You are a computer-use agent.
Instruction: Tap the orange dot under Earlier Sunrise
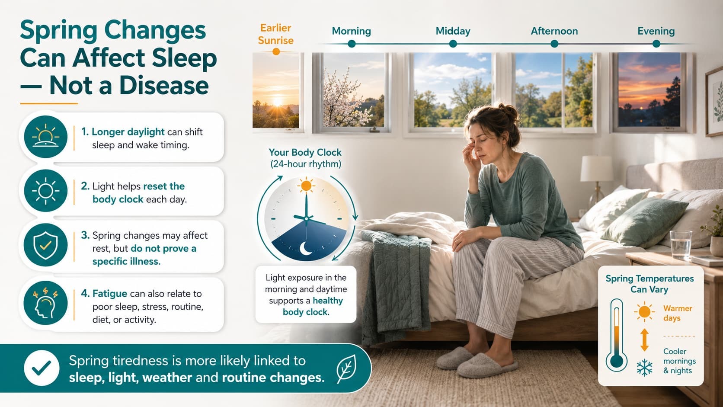[x=276, y=51]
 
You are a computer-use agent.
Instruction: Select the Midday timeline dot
[x=453, y=44]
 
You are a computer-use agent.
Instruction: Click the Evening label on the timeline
[x=656, y=31]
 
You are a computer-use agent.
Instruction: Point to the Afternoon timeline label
[x=554, y=31]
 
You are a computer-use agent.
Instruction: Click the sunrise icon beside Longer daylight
[x=45, y=137]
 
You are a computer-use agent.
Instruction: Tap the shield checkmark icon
[x=45, y=245]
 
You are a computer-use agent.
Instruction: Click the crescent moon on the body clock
[x=305, y=248]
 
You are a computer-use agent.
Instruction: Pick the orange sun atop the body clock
[x=306, y=186]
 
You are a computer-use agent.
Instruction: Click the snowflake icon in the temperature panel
[x=644, y=367]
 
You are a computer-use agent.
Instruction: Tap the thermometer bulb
[x=617, y=361]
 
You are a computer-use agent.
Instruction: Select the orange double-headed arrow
[x=644, y=340]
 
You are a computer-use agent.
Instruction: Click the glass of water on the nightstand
[x=681, y=245]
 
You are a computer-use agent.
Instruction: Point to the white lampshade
[x=597, y=169]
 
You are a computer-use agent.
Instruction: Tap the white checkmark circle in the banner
[x=42, y=368]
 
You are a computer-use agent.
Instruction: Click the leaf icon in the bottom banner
[x=346, y=368]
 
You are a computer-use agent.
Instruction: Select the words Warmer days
[x=678, y=313]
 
